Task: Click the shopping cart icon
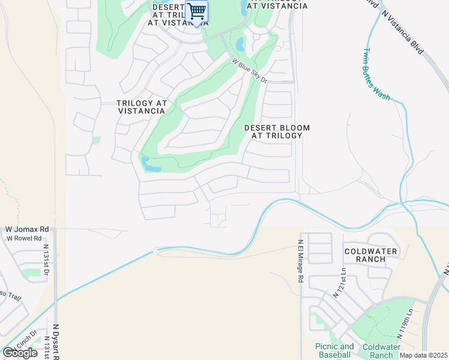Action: tap(196, 11)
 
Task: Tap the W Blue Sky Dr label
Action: tap(249, 71)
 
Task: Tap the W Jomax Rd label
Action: tap(27, 229)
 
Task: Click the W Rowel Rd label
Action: tap(23, 238)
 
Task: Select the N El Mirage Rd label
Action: tap(301, 262)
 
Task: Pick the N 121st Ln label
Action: tap(339, 283)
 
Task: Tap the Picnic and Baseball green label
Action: tap(334, 351)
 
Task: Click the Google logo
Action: tap(20, 353)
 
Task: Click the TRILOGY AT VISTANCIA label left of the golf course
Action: tap(142, 107)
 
